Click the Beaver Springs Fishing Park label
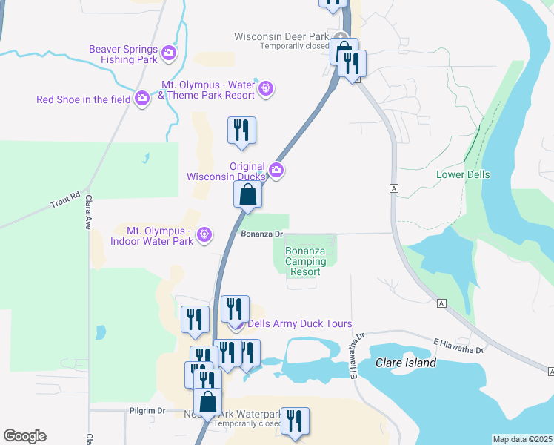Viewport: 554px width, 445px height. (x=123, y=53)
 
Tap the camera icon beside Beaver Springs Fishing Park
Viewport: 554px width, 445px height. (x=169, y=53)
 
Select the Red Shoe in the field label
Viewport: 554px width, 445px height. (x=83, y=99)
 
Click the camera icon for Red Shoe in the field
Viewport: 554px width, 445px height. (x=142, y=99)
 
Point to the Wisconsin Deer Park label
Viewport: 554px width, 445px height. (x=281, y=36)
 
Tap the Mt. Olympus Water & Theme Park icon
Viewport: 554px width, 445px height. (x=267, y=90)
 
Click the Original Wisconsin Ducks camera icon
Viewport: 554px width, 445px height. (x=276, y=171)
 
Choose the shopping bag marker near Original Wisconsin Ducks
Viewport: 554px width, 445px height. (x=248, y=196)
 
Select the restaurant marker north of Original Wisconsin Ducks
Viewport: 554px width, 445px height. (x=241, y=131)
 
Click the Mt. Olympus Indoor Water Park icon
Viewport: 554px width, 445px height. (x=205, y=236)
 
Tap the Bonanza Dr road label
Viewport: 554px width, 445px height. (x=263, y=234)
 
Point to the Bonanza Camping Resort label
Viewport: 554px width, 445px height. (x=305, y=262)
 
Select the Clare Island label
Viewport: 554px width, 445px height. (x=405, y=363)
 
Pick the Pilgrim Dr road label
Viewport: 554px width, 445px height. (x=145, y=410)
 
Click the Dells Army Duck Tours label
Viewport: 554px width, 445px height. (x=299, y=324)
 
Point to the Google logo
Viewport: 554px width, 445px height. (x=24, y=436)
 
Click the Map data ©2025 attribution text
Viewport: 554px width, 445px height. (x=522, y=439)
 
